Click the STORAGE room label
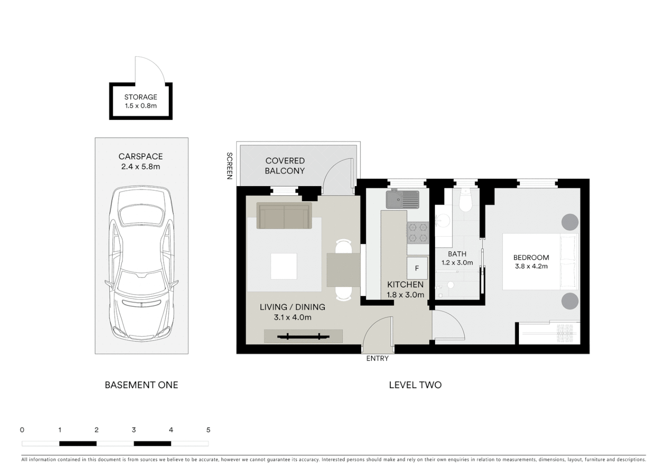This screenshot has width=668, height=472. click(x=140, y=97)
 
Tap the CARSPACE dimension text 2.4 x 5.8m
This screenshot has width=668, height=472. click(x=141, y=167)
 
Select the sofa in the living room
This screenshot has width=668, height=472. click(x=285, y=216)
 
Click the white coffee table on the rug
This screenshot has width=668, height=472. click(x=284, y=266)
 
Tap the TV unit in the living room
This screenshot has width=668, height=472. click(x=303, y=336)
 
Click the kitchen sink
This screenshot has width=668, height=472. click(x=402, y=199)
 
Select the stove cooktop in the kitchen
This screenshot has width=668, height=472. click(x=417, y=233)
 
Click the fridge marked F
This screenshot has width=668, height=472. click(x=417, y=268)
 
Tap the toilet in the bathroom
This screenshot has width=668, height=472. click(x=466, y=201)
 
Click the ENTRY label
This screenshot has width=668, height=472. click(x=377, y=358)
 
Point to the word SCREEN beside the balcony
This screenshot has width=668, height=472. click(x=229, y=166)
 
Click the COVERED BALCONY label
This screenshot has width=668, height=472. click(x=285, y=166)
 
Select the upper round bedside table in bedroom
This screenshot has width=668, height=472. click(x=570, y=222)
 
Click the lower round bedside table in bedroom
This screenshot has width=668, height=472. click(x=570, y=301)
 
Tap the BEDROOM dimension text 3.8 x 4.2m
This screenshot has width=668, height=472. click(x=531, y=266)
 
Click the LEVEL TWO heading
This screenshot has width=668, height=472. click(x=415, y=385)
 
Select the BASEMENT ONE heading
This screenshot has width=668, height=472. click(x=141, y=385)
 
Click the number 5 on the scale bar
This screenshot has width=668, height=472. click(x=208, y=430)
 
